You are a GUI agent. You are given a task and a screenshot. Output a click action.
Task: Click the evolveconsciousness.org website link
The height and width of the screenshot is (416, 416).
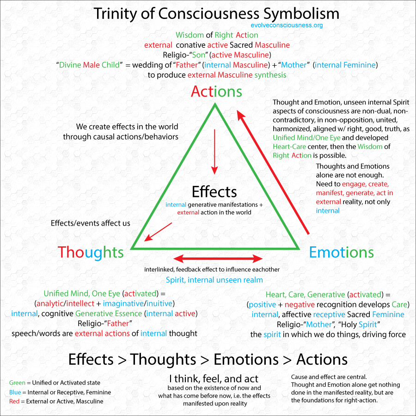click(x=286, y=25)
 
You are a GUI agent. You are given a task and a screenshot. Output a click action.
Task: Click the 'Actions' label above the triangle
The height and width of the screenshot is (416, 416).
click(x=216, y=91)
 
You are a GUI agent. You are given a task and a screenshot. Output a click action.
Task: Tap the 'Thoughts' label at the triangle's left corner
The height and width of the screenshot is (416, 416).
click(x=91, y=252)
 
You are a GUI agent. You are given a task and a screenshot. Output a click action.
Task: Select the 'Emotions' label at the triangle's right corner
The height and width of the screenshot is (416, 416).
click(x=341, y=252)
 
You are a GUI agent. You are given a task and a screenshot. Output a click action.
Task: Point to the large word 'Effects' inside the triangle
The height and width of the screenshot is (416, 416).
click(x=214, y=191)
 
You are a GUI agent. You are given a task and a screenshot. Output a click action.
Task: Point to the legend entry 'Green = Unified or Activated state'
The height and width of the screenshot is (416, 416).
click(x=55, y=383)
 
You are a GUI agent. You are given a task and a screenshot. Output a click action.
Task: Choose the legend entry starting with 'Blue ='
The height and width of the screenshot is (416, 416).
click(x=60, y=392)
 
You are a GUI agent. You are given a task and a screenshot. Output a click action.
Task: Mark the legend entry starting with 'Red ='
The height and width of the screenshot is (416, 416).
click(x=56, y=401)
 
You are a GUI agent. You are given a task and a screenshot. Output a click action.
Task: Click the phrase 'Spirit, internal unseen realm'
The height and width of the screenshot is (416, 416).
click(x=214, y=280)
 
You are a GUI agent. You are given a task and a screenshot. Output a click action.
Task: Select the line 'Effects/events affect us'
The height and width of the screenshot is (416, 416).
click(x=90, y=223)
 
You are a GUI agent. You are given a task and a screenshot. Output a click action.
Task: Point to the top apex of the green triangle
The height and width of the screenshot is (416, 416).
click(x=215, y=105)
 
